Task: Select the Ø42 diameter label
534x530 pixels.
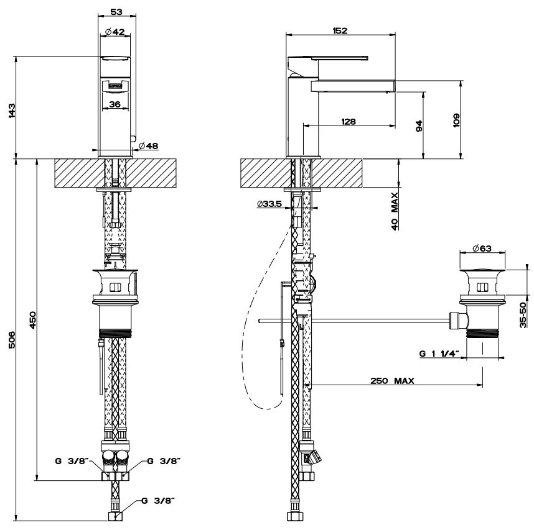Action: (x=116, y=32)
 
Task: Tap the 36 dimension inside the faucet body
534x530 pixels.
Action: (x=115, y=104)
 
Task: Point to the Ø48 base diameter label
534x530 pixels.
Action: (x=148, y=145)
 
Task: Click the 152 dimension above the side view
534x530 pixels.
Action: (x=340, y=30)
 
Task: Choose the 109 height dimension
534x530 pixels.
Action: (x=456, y=119)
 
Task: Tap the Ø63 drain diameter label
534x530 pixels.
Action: (x=481, y=249)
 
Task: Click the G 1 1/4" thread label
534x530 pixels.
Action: (x=439, y=354)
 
